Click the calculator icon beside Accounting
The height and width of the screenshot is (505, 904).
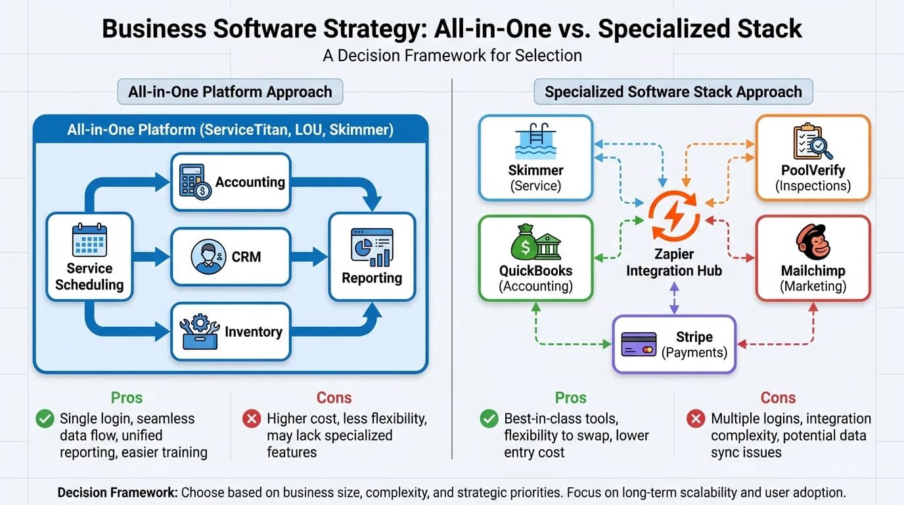[x=195, y=182]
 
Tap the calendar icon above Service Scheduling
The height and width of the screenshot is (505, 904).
[x=89, y=240]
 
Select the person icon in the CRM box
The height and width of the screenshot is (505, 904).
[x=208, y=256]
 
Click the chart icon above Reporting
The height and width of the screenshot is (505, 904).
[x=372, y=247]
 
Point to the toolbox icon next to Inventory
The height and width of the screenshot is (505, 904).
[x=199, y=331]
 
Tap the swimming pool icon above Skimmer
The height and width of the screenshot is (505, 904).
[x=535, y=142]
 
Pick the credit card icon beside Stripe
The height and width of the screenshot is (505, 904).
[x=639, y=345]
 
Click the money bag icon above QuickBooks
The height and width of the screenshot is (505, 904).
[x=524, y=243]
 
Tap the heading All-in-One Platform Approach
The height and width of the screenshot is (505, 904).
[x=230, y=91]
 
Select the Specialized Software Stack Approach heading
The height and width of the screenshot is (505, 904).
[x=673, y=91]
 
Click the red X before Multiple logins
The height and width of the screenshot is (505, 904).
[x=695, y=419]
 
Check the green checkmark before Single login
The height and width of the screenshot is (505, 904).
[x=45, y=419]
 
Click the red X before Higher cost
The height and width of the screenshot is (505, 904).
[x=252, y=419]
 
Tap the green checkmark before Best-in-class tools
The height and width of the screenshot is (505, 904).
[x=489, y=419]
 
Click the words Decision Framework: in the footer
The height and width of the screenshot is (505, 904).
[x=117, y=493]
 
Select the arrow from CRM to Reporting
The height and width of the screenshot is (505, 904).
[x=309, y=256]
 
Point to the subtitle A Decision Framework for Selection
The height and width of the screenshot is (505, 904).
[x=452, y=55]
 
